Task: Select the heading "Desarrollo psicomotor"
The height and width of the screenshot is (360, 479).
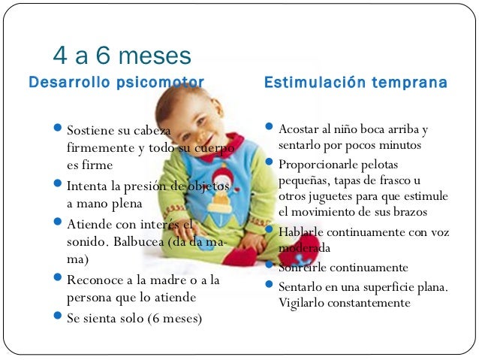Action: pyautogui.click(x=116, y=81)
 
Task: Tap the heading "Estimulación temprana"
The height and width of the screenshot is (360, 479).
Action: pyautogui.click(x=356, y=81)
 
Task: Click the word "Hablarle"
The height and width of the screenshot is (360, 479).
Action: pyautogui.click(x=301, y=232)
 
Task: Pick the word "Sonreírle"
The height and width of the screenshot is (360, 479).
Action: pyautogui.click(x=302, y=268)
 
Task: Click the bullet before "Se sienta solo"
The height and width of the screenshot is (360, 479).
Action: pyautogui.click(x=59, y=317)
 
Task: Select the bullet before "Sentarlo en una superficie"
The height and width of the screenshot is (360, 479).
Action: pyautogui.click(x=270, y=286)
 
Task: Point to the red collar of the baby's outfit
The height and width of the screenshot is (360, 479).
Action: pyautogui.click(x=225, y=141)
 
